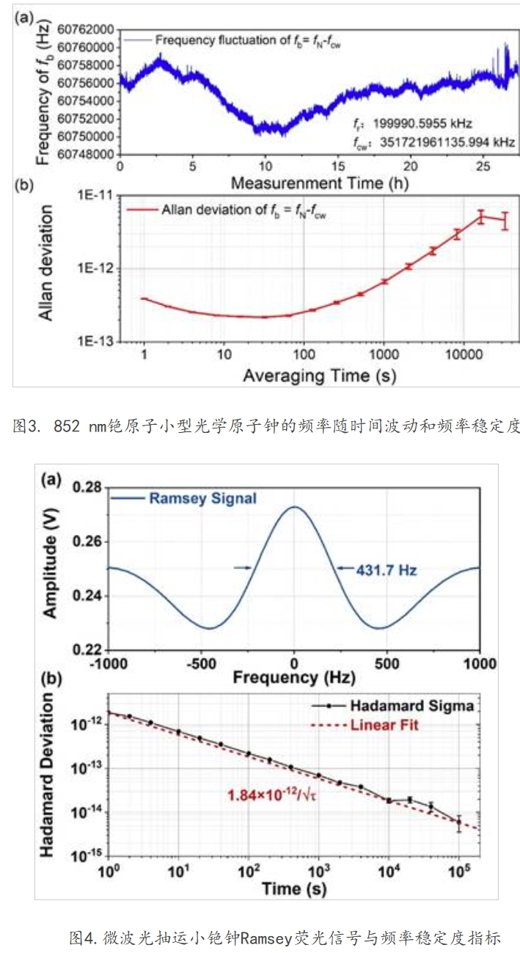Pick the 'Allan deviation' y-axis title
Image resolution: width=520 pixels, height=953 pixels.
point(45,265)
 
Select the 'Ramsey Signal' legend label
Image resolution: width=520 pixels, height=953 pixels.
point(203,499)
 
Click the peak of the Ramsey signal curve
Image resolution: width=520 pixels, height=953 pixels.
point(294,507)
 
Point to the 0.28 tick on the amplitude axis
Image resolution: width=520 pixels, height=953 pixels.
point(86,488)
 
